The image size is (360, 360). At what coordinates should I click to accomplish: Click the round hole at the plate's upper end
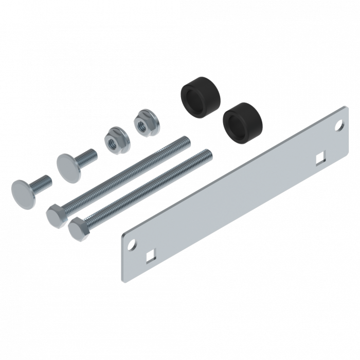point(338,124)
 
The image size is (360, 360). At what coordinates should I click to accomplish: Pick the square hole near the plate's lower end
point(150,254)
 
